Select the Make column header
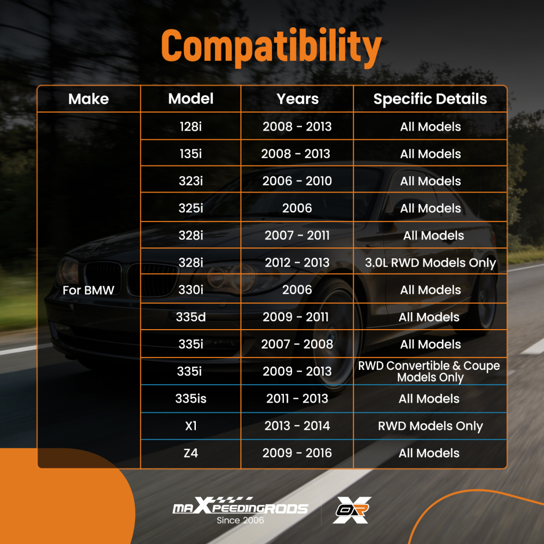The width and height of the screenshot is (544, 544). tap(89, 99)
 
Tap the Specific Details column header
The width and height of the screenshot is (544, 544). tap(430, 99)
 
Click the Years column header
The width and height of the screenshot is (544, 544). tap(298, 99)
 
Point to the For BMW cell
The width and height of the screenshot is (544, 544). tap(88, 290)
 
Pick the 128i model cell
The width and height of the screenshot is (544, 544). tap(190, 127)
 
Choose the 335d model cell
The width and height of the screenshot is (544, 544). tap(190, 317)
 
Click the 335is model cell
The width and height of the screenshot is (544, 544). tap(190, 399)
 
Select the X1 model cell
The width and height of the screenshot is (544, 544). tap(191, 426)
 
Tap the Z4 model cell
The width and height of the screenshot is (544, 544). tap(190, 453)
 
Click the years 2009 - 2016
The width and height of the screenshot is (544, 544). tap(297, 453)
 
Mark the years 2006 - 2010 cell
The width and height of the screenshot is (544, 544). tap(297, 181)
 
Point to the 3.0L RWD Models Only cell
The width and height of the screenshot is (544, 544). tap(430, 263)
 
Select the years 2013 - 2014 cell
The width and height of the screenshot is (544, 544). tap(297, 426)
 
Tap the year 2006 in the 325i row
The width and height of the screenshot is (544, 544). tap(297, 208)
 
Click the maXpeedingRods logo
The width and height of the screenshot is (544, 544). tap(240, 506)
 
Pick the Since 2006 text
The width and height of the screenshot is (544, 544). tap(240, 520)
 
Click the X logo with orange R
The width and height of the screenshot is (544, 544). tap(352, 510)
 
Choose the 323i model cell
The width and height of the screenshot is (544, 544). tap(190, 181)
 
